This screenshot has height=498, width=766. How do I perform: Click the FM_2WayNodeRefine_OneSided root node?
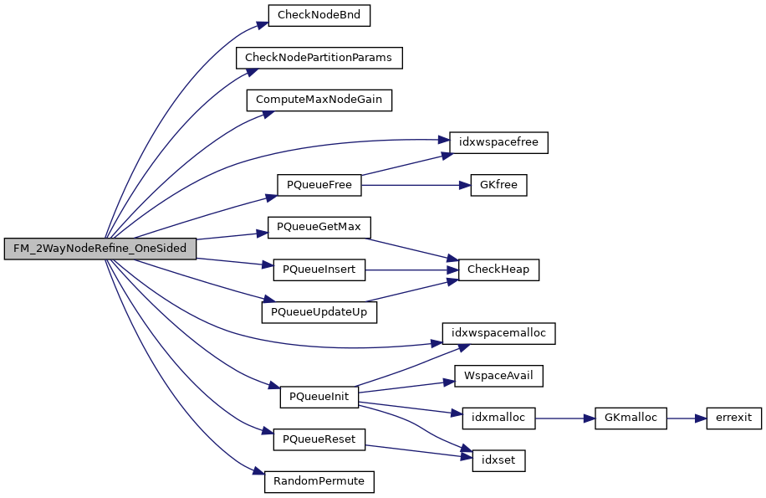click(x=100, y=249)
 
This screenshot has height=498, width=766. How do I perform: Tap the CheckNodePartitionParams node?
click(x=319, y=57)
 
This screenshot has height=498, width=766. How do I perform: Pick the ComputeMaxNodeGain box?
click(x=319, y=100)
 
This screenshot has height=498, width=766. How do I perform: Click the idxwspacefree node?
click(x=498, y=142)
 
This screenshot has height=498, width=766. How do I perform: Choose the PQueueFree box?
click(x=319, y=185)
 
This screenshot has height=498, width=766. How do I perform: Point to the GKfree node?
click(x=498, y=185)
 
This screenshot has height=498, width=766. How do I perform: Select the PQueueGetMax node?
click(x=319, y=227)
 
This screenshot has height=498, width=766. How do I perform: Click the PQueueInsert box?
click(x=319, y=270)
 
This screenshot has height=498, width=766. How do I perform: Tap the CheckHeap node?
click(x=498, y=270)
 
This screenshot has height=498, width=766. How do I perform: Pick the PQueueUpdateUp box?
click(x=319, y=312)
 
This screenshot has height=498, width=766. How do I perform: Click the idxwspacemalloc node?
click(x=498, y=333)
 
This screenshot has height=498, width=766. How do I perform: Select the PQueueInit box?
click(x=319, y=397)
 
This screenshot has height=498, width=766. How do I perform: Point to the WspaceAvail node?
click(x=498, y=376)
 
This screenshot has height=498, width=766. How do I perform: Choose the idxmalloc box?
click(x=498, y=418)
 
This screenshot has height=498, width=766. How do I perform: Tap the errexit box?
click(x=733, y=418)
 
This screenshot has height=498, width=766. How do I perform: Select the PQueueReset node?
click(x=319, y=439)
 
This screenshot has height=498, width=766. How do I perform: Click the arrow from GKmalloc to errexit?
click(x=686, y=418)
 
